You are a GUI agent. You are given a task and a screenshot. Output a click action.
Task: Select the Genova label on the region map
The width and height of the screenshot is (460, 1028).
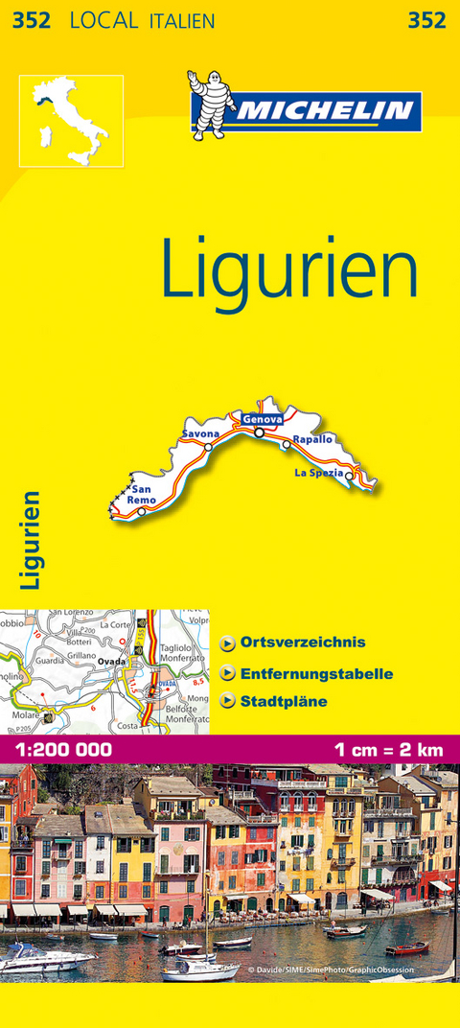point(262,420)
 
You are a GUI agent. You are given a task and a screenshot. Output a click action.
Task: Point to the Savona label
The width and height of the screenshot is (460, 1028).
point(200,434)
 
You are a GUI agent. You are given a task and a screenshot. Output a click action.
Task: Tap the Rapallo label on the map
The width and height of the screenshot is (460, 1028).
point(312,439)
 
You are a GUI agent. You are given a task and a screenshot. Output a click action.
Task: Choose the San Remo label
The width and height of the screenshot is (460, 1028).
point(142,494)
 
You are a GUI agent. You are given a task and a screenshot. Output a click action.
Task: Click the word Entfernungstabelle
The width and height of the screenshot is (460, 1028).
point(317,673)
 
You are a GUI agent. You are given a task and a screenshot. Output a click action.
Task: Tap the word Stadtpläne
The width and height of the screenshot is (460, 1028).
point(285,701)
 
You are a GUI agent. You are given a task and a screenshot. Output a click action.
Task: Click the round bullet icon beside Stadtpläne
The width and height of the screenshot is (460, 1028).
point(228,702)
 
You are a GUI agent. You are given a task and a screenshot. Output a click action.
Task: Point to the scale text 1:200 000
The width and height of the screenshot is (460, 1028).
point(60,749)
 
